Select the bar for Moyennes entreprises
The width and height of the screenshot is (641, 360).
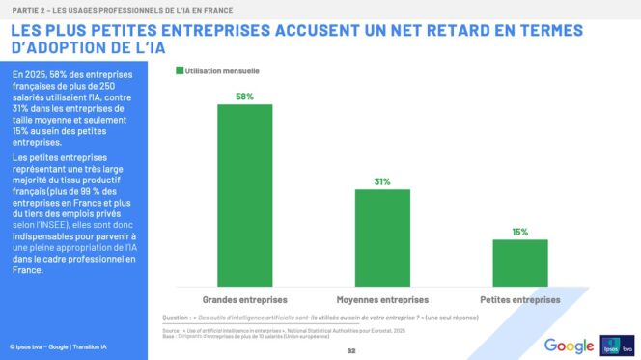(x=382, y=234)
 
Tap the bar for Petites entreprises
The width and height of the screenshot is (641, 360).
(x=519, y=259)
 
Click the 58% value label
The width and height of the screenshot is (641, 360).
(x=244, y=96)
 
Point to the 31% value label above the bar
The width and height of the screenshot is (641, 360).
(x=382, y=181)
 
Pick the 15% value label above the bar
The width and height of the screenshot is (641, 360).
(x=519, y=232)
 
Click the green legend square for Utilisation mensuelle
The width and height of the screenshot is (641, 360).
(x=179, y=71)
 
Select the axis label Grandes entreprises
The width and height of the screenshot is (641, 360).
(x=244, y=299)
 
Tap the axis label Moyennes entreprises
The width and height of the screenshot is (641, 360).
(x=382, y=299)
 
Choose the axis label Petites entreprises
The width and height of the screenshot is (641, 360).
(x=519, y=299)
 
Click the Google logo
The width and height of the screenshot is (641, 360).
(x=569, y=346)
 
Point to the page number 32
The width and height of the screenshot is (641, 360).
(x=351, y=352)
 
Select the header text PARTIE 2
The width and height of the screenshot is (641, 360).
(x=29, y=8)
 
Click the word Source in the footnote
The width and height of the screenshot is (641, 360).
(x=173, y=329)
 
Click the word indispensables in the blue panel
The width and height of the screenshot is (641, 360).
(x=45, y=235)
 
